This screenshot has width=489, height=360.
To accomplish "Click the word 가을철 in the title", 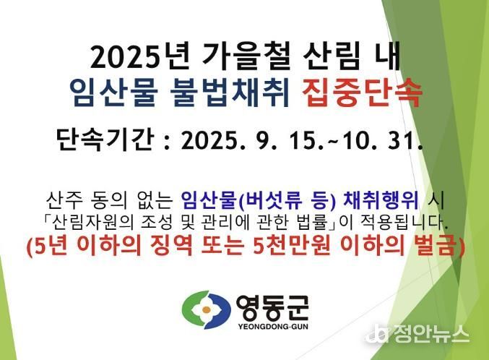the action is [246, 57].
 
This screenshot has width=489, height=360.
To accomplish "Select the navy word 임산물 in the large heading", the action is [113, 90].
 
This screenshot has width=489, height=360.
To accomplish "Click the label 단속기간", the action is [105, 139].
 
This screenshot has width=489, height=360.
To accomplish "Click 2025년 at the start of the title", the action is [139, 57].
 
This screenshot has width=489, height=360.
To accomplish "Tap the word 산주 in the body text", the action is [64, 200].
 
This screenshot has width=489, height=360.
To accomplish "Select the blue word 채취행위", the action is [381, 200].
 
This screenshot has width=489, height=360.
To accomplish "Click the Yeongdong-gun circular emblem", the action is [207, 309].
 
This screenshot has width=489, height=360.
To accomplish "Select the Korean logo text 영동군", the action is [272, 307].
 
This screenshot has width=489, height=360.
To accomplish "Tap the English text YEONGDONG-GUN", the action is [273, 327].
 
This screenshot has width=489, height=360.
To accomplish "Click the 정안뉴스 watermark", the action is [418, 334].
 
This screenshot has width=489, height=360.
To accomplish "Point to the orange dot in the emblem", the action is [206, 309].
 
